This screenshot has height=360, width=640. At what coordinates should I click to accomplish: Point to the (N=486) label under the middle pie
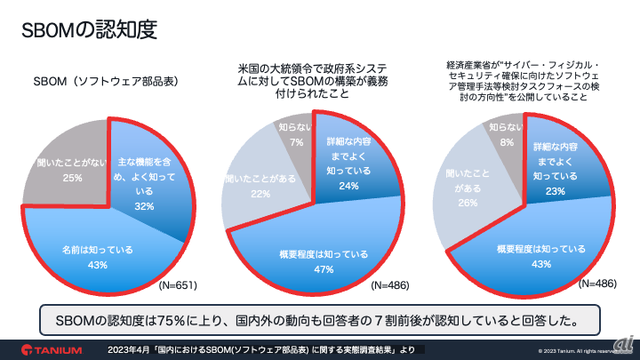[x=391, y=287]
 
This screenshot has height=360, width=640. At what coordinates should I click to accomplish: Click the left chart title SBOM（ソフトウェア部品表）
[x=106, y=81]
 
